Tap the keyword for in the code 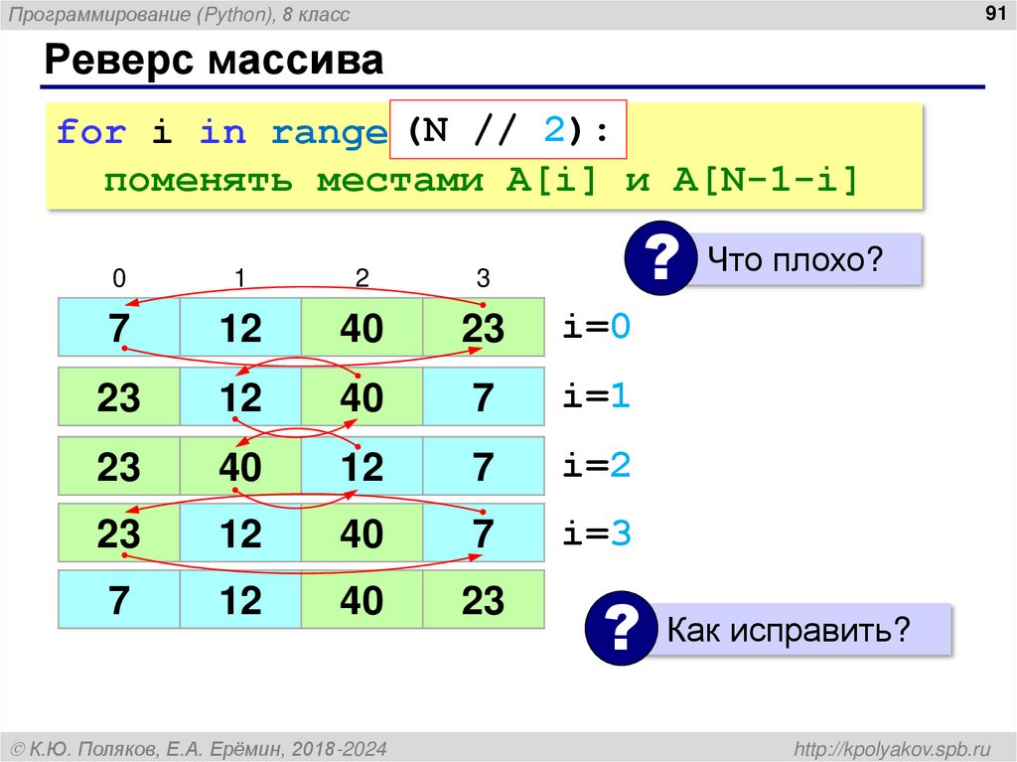90,132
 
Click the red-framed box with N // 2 508,130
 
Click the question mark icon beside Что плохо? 657,261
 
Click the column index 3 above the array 483,279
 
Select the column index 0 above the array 119,279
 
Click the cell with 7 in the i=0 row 119,328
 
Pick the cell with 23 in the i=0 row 483,328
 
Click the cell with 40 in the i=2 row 240,466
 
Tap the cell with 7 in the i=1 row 483,398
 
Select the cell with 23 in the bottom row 483,601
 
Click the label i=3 597,534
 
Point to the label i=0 597,328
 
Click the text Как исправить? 789,630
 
